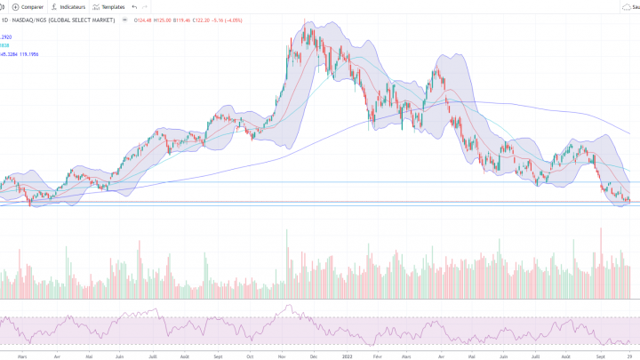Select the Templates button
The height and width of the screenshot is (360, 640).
coord(108,6)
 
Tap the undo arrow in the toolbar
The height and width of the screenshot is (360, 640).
coord(134,6)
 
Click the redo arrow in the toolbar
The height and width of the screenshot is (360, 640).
coord(146,6)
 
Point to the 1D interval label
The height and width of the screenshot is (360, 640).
coord(5,19)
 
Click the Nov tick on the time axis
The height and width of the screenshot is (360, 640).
coord(281,356)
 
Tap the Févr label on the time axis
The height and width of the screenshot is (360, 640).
coord(377,356)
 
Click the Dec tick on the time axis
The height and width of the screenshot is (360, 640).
coord(313,356)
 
